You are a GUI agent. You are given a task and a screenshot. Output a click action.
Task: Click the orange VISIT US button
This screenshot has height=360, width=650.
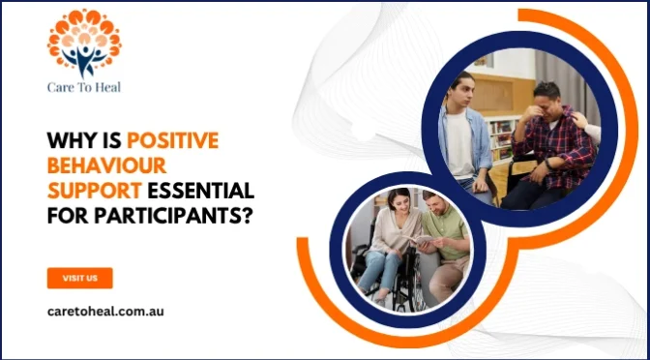(x=80, y=278)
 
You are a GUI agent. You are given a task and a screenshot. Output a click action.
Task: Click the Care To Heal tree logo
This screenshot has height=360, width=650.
(x=84, y=43)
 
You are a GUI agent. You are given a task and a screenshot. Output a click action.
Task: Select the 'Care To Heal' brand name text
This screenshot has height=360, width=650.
(x=84, y=86)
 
